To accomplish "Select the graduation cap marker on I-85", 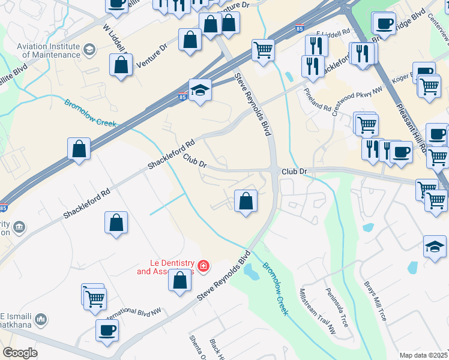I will click(x=200, y=91).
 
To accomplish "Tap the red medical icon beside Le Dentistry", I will click(x=203, y=265).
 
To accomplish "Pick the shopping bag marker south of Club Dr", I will click(x=246, y=200).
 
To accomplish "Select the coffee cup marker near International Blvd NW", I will click(x=107, y=330).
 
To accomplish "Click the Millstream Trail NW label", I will click(x=317, y=311).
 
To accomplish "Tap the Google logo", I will click(x=20, y=353).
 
